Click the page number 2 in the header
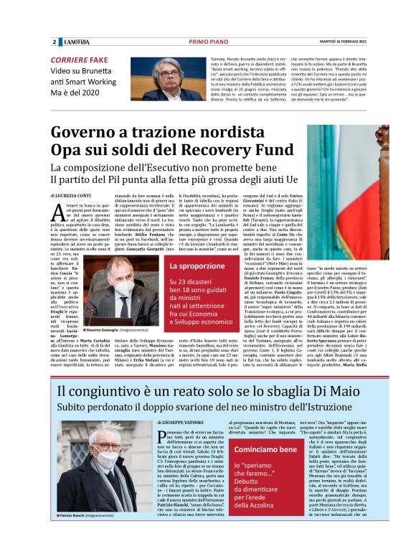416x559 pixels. point(55,42)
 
